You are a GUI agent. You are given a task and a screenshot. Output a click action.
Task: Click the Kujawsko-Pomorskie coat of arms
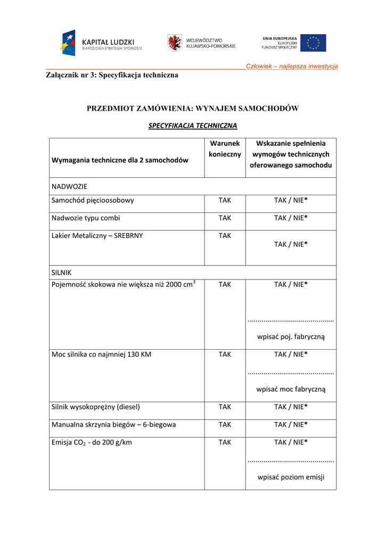point(174,43)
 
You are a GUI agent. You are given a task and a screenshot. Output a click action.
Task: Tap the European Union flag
point(313,43)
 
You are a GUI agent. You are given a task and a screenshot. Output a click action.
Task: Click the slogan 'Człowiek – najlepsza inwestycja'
point(292,66)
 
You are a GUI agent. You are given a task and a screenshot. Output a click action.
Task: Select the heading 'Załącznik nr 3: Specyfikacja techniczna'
point(112,75)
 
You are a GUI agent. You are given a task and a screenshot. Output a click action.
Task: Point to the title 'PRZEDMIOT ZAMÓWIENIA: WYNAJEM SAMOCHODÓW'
point(193,109)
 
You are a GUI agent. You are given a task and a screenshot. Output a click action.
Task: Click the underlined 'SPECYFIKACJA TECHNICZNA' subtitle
point(193,126)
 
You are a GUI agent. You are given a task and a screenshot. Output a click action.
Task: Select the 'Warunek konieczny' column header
point(225,148)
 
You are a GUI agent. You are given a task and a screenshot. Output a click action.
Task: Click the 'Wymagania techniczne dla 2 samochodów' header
point(120,160)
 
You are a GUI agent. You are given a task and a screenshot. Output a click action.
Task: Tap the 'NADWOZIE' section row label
point(69,187)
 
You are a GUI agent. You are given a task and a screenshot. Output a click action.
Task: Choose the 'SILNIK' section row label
point(62,272)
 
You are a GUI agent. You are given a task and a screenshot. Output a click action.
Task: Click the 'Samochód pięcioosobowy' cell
point(93,201)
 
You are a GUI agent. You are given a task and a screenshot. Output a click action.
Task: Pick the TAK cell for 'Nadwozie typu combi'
point(225,218)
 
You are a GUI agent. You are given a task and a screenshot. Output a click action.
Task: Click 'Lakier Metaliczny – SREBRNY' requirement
point(97,235)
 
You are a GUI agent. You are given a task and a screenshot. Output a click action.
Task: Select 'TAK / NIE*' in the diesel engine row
point(291,407)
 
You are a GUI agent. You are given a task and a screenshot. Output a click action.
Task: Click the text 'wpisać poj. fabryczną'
point(291,336)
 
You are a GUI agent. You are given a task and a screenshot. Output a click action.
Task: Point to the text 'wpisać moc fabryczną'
point(291,389)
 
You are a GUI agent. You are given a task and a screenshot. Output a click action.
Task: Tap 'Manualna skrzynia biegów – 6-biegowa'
point(114,425)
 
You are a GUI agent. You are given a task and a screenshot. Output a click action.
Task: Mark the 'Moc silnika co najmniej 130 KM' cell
point(102,354)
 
